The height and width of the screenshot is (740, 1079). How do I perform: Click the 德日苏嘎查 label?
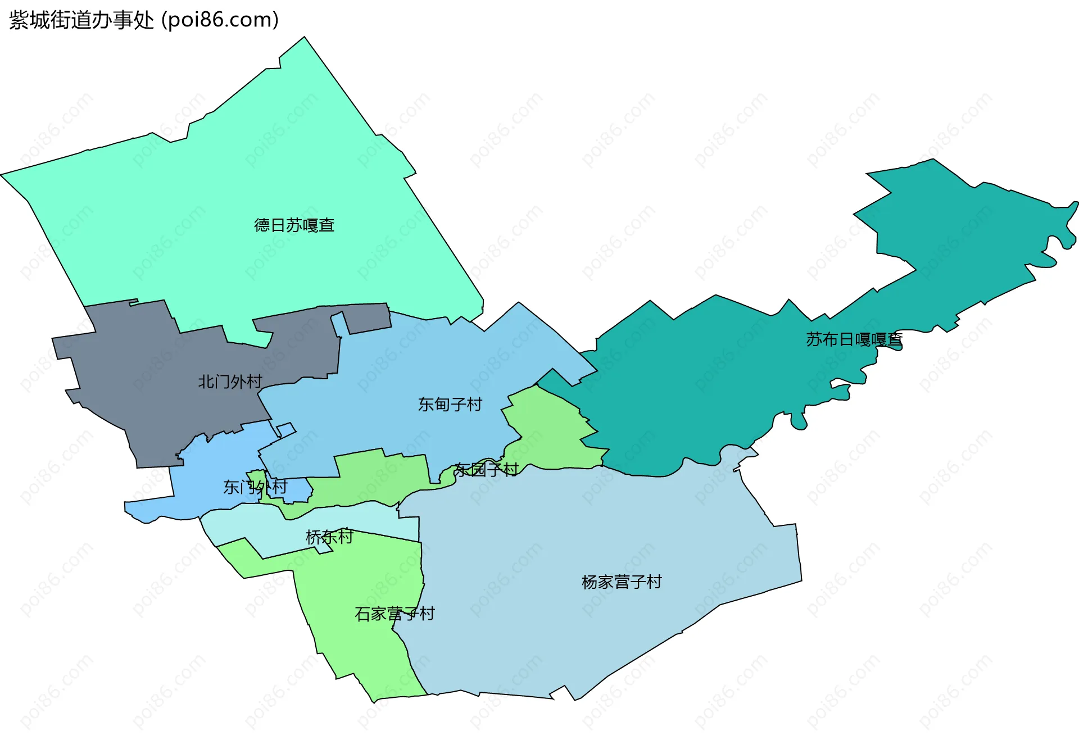coord(294,225)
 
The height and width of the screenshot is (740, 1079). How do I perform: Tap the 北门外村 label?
coord(230,382)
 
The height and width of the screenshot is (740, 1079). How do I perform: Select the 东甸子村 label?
coord(450,405)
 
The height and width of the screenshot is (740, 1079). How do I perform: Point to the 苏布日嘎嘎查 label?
coord(854,339)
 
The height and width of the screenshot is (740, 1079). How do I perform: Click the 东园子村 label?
coord(486,470)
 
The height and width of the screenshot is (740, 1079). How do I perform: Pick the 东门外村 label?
coord(255,487)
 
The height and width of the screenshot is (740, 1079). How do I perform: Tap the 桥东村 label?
coord(329,537)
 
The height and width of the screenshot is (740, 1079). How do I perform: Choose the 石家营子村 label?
coord(395,614)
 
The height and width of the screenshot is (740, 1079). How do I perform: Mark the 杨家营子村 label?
coord(622,582)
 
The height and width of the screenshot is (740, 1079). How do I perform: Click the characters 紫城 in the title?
coord(29,20)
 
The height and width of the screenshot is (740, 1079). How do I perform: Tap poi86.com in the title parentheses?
coord(220,20)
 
